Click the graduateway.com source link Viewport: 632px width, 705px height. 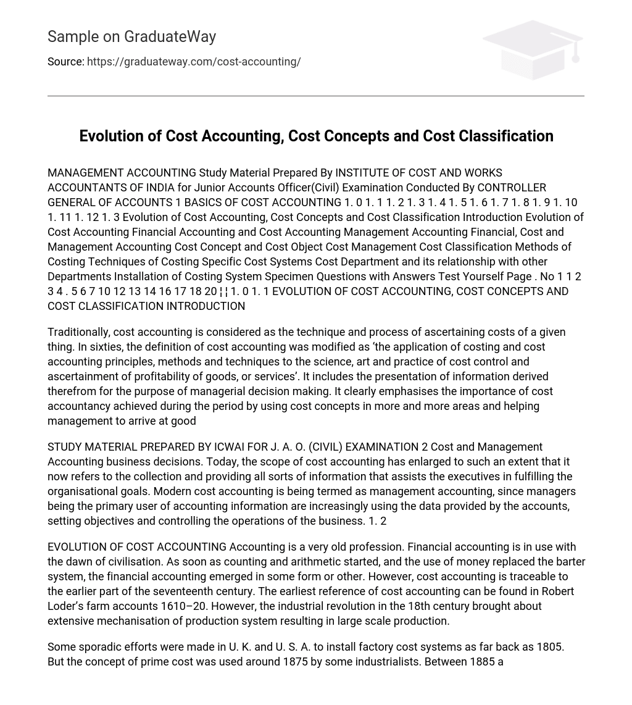pyautogui.click(x=194, y=62)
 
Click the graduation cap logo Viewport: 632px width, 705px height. pyautogui.click(x=533, y=49)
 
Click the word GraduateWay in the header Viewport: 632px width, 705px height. pyautogui.click(x=170, y=37)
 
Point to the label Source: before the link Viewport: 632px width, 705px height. pyautogui.click(x=65, y=62)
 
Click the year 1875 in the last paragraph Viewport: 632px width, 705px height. pyautogui.click(x=295, y=662)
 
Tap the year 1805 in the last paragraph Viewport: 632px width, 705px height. pyautogui.click(x=549, y=647)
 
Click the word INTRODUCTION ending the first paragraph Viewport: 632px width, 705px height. pyautogui.click(x=206, y=306)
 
